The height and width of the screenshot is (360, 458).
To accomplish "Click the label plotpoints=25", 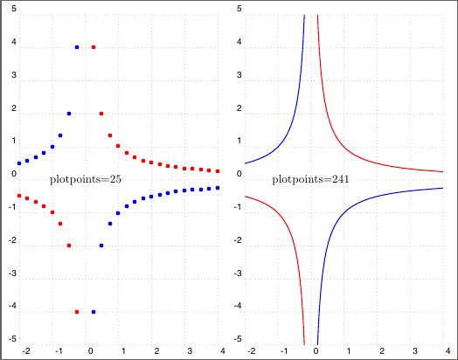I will tap(86, 179).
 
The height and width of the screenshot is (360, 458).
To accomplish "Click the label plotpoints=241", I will tap(310, 179).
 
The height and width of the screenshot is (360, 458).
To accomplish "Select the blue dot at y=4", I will tap(77, 47).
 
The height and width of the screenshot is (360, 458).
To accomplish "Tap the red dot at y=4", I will tap(94, 47).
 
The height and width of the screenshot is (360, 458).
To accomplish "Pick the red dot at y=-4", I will tap(77, 311).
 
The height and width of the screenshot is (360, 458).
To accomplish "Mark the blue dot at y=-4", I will tap(94, 311).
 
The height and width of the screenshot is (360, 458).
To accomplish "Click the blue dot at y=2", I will tap(69, 114).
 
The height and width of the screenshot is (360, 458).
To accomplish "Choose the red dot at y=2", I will tap(102, 114).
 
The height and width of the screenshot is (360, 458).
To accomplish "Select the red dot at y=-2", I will tap(69, 246).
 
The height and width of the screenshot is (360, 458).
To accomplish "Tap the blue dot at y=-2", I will tap(102, 246).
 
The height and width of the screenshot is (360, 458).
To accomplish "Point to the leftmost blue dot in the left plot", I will tap(19, 163).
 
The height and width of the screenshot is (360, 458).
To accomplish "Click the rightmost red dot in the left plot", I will tap(218, 171).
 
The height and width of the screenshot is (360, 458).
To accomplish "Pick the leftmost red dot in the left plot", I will tap(19, 196).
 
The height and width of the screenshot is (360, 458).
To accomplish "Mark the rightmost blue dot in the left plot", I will tap(218, 188).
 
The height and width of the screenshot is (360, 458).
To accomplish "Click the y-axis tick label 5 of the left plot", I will tap(13, 8).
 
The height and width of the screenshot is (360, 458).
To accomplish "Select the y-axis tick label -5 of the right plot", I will tap(236, 339).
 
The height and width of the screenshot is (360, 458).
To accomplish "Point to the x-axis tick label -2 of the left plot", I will tap(25, 350).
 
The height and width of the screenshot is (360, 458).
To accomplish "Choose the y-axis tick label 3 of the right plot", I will tap(239, 74).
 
